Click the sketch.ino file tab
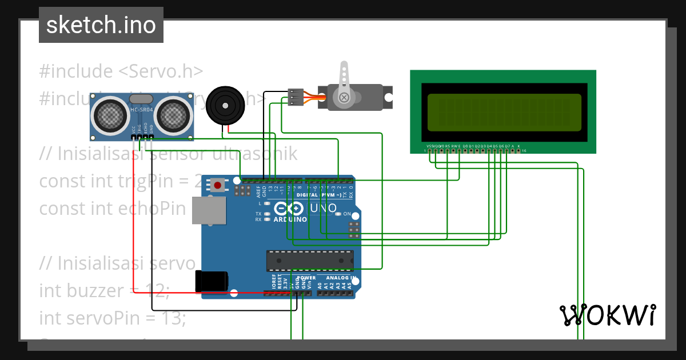(101, 25)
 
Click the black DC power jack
(212, 281)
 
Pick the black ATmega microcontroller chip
(309, 261)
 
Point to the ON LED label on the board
(346, 214)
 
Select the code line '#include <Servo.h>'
(121, 71)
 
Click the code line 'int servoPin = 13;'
(112, 317)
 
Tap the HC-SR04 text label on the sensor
(141, 110)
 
